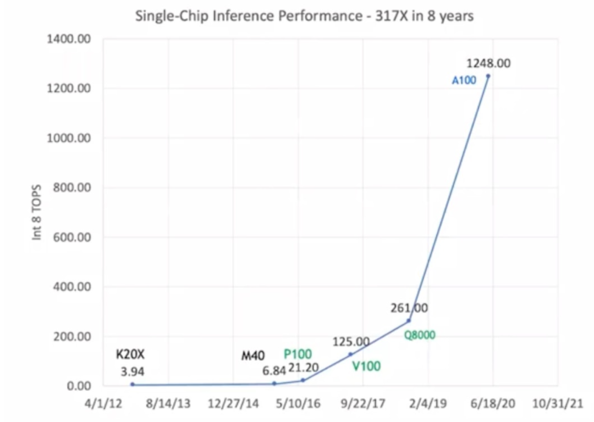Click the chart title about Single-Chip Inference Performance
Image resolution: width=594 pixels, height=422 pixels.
[x=304, y=17]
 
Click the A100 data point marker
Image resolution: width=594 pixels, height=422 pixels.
[x=488, y=76]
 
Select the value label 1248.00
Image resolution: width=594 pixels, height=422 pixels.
[x=488, y=63]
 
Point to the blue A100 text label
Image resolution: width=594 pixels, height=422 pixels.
[x=464, y=80]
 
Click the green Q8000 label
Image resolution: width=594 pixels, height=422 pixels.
[x=420, y=335]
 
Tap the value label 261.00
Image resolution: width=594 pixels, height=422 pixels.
[x=409, y=308]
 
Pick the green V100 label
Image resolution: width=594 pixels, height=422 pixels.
[x=366, y=366]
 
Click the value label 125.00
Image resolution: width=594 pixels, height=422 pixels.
[x=351, y=342]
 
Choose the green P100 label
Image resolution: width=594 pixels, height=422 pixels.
[x=298, y=354]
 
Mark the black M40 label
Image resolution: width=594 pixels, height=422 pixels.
[x=254, y=355]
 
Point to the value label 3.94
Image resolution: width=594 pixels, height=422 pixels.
[x=133, y=371]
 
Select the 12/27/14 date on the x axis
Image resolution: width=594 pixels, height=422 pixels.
[x=233, y=404]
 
